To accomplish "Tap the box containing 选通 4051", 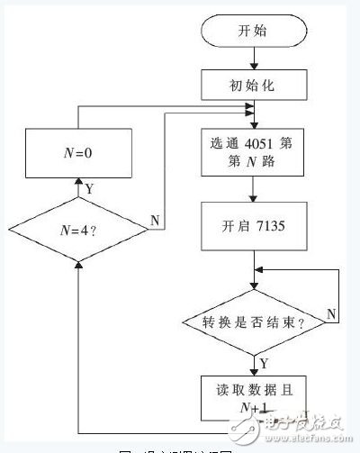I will pos(256,155).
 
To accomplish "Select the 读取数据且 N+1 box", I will pos(256,395).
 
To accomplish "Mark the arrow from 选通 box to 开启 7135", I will pos(256,193).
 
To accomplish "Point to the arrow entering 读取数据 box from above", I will pos(256,363).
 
